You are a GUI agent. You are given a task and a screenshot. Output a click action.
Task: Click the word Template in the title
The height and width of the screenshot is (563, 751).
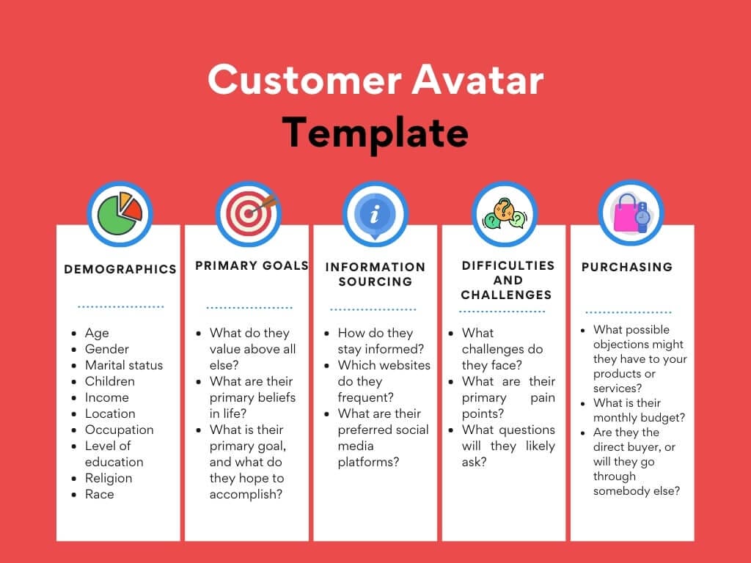[375, 133]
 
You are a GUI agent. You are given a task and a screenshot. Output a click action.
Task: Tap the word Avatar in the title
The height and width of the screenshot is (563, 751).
[477, 80]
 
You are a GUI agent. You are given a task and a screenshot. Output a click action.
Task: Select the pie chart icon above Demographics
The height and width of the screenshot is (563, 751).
[120, 213]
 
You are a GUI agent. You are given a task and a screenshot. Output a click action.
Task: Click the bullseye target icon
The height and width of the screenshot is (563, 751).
[248, 213]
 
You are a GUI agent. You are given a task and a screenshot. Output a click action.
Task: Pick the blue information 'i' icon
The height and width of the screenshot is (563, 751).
[375, 213]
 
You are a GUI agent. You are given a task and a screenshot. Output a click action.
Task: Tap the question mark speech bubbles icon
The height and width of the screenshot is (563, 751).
[504, 213]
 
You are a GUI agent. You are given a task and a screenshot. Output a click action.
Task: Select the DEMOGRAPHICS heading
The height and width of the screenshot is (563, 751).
[120, 269]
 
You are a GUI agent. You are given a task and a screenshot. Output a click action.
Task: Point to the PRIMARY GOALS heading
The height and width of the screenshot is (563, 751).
[252, 265]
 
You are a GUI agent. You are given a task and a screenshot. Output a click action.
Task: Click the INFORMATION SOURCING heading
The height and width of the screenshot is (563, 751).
[375, 273]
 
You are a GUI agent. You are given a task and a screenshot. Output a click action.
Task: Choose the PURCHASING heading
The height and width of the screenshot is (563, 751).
[627, 267]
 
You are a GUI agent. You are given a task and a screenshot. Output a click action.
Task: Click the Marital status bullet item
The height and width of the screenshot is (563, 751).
[124, 365]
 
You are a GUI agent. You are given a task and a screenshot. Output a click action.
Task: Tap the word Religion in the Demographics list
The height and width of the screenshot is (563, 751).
[109, 478]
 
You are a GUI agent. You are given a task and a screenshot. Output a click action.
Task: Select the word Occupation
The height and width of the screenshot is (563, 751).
[119, 430]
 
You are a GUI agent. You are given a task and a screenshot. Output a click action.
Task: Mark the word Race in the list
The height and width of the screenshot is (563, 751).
[100, 494]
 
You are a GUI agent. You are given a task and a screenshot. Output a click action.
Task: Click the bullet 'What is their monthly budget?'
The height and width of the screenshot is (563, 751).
[639, 411]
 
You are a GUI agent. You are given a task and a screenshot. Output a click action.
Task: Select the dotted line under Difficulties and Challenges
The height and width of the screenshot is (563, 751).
[502, 312]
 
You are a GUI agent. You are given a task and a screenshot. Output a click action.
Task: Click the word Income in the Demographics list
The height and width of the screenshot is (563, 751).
[107, 397]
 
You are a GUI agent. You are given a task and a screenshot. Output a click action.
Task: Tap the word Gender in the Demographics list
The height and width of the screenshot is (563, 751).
[107, 349]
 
